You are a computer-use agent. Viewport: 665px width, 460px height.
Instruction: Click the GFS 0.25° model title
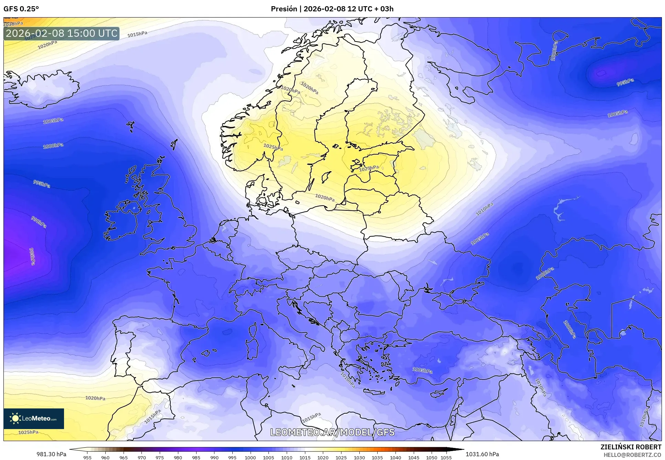[x=21, y=9]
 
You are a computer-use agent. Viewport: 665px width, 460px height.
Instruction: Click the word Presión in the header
[x=284, y=9]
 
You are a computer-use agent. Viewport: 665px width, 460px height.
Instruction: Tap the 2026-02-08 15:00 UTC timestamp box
[x=62, y=33]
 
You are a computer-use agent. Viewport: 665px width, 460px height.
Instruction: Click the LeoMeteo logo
[x=34, y=418]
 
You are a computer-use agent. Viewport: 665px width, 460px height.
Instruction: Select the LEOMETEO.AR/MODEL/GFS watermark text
[x=332, y=432]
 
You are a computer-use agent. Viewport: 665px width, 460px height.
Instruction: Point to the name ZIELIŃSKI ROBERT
[x=631, y=447]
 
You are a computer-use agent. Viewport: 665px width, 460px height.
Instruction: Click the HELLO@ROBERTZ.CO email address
[x=632, y=455]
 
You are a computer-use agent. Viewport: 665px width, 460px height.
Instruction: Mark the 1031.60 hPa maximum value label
[x=482, y=454]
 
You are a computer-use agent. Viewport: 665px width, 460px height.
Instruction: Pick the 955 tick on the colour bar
[x=87, y=458]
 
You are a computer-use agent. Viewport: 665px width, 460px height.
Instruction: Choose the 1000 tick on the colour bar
[x=250, y=458]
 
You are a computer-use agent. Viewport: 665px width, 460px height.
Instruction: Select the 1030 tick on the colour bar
[x=359, y=458]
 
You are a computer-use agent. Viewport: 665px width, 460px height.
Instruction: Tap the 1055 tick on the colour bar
[x=446, y=458]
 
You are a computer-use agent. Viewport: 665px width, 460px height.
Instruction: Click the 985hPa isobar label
[x=32, y=256]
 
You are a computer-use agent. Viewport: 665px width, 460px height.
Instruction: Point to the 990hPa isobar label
[x=39, y=222]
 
